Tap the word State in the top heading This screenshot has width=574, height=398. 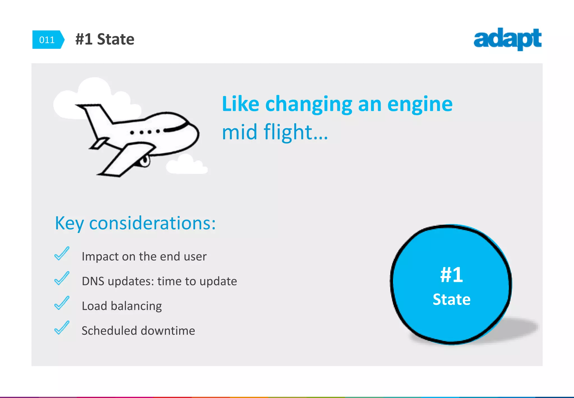pyautogui.click(x=115, y=39)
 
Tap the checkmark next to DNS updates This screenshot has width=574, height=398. pyautogui.click(x=62, y=278)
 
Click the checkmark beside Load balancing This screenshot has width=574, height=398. pyautogui.click(x=62, y=303)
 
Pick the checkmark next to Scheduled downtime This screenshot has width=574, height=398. pyautogui.click(x=62, y=328)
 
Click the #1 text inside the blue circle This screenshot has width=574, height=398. pyautogui.click(x=451, y=275)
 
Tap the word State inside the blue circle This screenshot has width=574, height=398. pyautogui.click(x=451, y=299)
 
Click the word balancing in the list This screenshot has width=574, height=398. pyautogui.click(x=136, y=306)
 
